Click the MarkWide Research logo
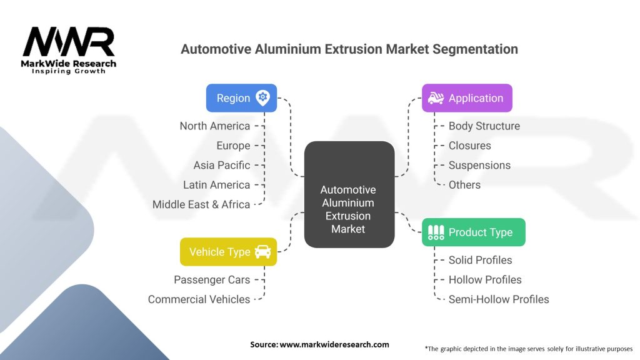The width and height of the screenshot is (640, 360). [x=69, y=50]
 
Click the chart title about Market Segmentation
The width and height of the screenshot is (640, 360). [x=349, y=49]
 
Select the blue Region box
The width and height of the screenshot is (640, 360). [x=241, y=98]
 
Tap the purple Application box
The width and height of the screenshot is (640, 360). [x=466, y=98]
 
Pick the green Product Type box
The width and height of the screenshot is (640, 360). [x=473, y=232]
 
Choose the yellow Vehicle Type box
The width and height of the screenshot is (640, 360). [x=228, y=252]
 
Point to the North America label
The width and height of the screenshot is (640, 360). [x=214, y=126]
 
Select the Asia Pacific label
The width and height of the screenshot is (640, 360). [x=221, y=165]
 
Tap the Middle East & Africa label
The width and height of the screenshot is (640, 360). [x=201, y=204]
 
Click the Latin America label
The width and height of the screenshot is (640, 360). [x=216, y=185]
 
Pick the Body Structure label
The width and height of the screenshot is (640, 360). [x=484, y=126]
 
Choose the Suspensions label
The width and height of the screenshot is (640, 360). [x=479, y=165]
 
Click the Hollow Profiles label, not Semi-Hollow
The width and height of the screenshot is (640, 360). [x=484, y=280]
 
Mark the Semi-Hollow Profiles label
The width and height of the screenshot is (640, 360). [x=498, y=299]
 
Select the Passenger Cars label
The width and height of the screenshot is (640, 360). [x=211, y=280]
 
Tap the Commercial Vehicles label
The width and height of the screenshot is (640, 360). [x=199, y=299]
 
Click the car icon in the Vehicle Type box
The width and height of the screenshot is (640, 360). [x=262, y=252]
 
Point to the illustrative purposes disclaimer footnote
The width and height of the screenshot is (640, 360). [x=529, y=348]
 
